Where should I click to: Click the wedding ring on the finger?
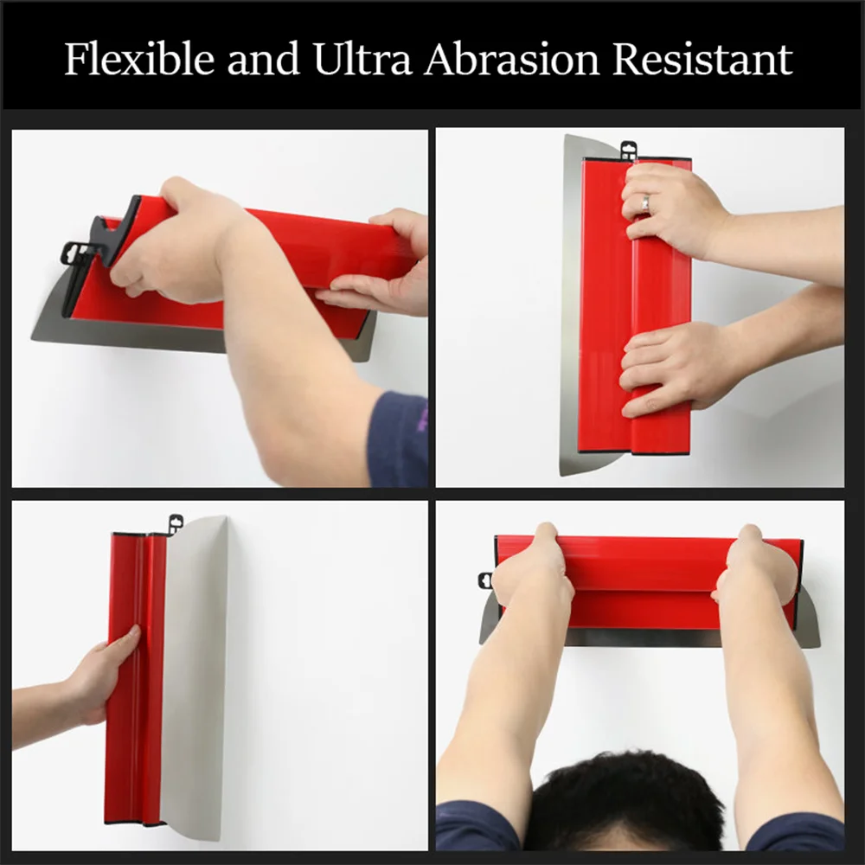click(x=645, y=202)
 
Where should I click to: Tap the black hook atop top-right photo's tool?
click(x=629, y=150)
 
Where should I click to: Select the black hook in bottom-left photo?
click(x=176, y=522)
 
